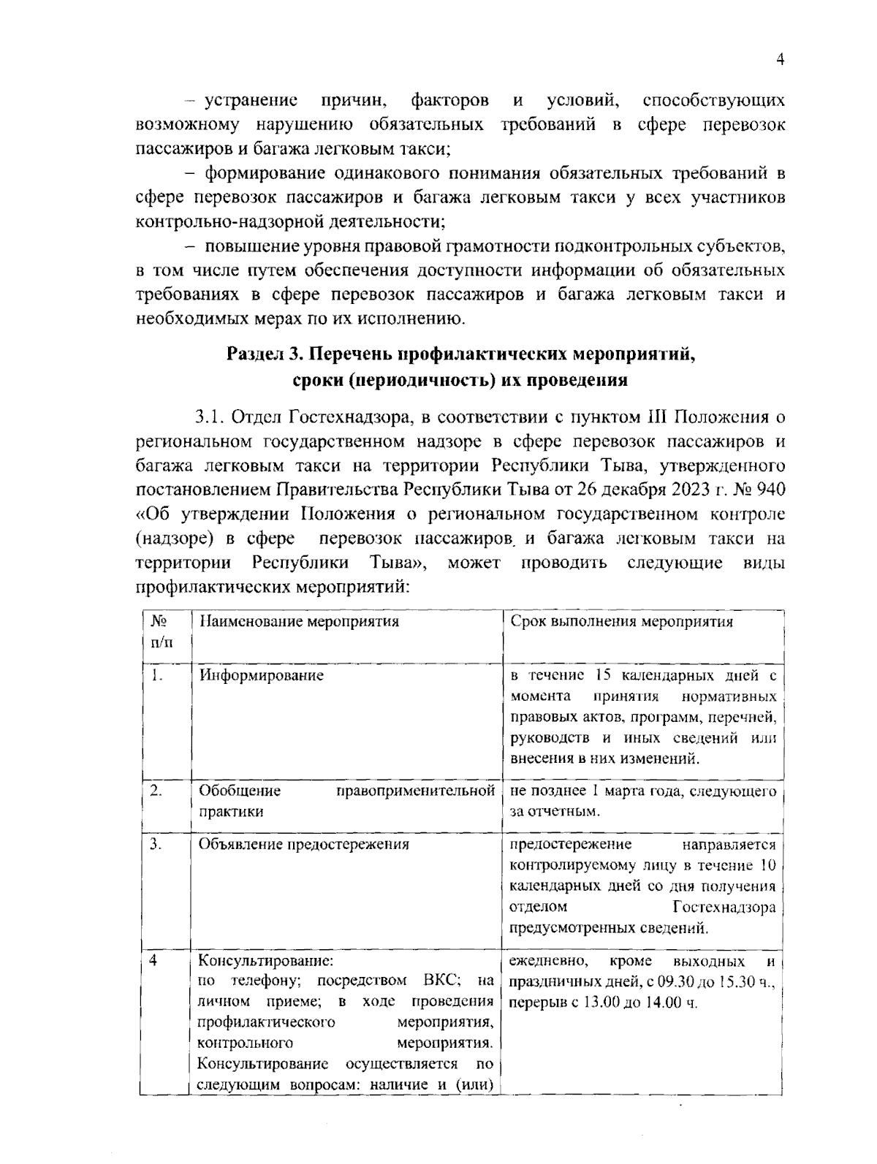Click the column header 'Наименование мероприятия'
coord(300,622)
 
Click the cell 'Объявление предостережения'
coord(304,845)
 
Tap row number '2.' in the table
coord(156,791)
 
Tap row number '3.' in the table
coord(156,845)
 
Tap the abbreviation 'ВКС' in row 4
coord(440,981)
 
